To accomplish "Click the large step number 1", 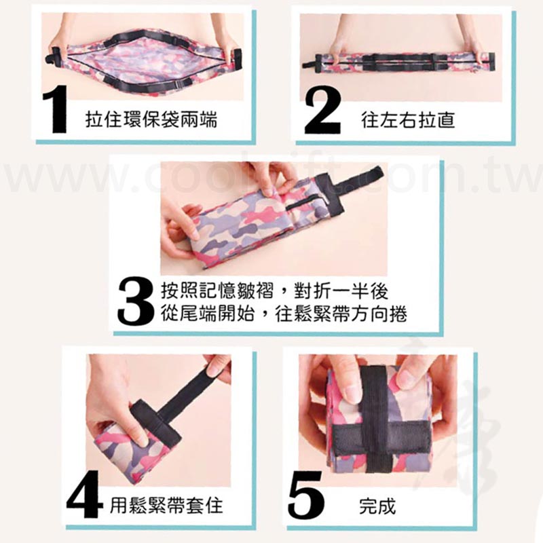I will click(x=57, y=111).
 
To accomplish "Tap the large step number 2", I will click(x=322, y=111).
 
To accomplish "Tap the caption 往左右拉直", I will click(x=408, y=120).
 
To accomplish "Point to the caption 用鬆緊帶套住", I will click(x=166, y=506).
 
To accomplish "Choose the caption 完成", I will click(x=377, y=506).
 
